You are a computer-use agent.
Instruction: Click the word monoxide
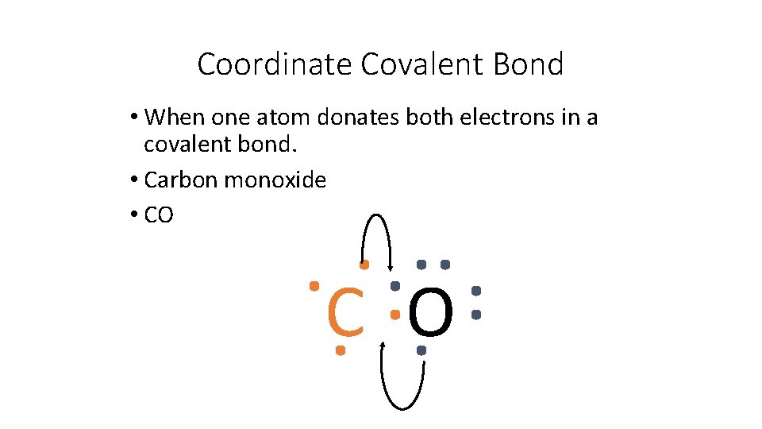[x=275, y=180]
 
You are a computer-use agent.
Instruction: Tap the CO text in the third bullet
[x=159, y=215]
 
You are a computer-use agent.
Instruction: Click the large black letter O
[x=431, y=312]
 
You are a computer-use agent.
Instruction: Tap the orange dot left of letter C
[x=314, y=284]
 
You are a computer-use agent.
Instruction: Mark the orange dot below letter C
[x=340, y=350]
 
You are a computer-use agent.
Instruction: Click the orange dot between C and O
[x=394, y=315]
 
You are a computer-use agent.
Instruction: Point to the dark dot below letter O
[x=421, y=350]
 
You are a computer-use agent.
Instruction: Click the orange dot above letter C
[x=364, y=264]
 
